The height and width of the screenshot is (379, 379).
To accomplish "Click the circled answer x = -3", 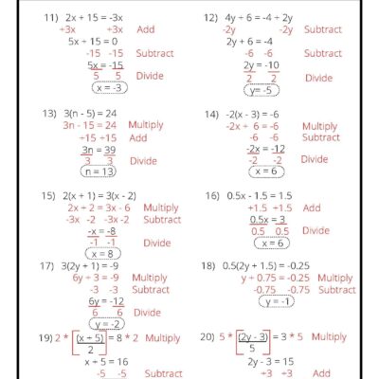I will [110, 88].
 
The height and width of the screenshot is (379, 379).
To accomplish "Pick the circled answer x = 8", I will [105, 253].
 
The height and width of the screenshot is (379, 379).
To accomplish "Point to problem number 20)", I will [211, 337].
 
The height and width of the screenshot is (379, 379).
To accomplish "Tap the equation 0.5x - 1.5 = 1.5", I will [259, 195].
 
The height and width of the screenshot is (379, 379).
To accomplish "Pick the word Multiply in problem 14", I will [319, 126].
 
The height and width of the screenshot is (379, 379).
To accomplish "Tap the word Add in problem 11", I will [146, 29].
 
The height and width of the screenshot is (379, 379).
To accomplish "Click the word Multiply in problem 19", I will [162, 337].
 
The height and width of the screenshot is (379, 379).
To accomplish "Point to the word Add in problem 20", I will [322, 373].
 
